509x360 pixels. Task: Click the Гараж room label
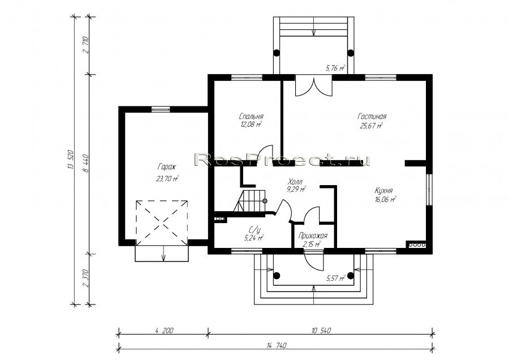[167, 168]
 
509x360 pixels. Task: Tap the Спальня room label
[251, 116]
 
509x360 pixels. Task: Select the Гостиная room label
[372, 116]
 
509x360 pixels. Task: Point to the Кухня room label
[383, 191]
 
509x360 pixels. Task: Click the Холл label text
[295, 182]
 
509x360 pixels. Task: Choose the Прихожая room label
[313, 236]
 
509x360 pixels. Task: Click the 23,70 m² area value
[167, 178]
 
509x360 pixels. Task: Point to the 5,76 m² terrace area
[335, 68]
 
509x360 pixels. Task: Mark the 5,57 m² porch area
[336, 278]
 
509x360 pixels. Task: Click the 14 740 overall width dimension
[276, 345]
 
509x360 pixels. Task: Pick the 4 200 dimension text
[164, 331]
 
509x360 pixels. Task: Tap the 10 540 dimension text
[321, 331]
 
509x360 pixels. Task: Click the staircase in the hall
[249, 202]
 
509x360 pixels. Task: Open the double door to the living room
[313, 86]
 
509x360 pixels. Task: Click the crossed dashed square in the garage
[162, 223]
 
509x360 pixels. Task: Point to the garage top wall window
[161, 109]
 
